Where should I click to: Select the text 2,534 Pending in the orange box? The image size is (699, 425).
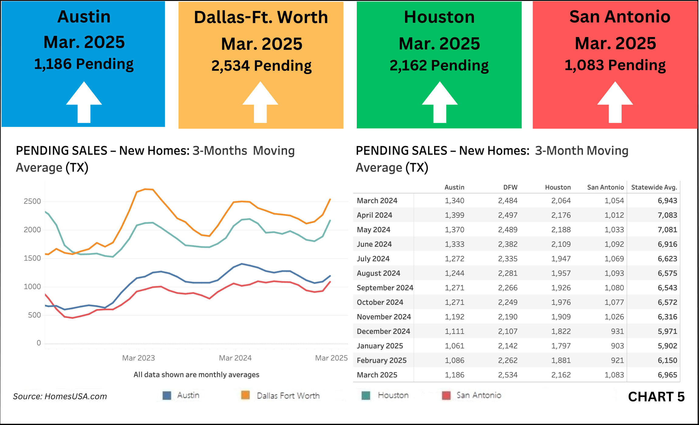coord(261,66)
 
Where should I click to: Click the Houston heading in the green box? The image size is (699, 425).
coord(439,17)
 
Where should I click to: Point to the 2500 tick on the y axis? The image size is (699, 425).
coord(32,201)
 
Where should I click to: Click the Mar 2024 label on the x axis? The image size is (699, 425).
coord(235,358)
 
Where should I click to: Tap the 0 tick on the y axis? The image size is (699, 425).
coord(39,343)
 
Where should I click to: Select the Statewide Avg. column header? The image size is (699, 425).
coord(654,187)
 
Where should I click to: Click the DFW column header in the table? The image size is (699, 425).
coord(510,187)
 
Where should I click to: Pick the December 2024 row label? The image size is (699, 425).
coord(383,331)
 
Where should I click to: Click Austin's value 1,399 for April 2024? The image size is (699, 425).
coord(454,215)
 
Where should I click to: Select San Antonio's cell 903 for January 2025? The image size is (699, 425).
coord(617,346)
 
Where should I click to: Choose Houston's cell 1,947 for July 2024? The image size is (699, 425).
coord(561,259)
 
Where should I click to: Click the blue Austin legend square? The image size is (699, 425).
coord(167,395)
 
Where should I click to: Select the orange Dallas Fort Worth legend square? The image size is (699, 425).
coord(245,395)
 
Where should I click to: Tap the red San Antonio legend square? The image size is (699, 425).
coord(446,395)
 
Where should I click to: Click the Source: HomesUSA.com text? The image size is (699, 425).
coord(60,396)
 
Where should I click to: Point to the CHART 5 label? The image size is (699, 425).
coord(656,397)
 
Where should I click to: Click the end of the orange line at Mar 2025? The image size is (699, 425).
coord(330,199)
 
